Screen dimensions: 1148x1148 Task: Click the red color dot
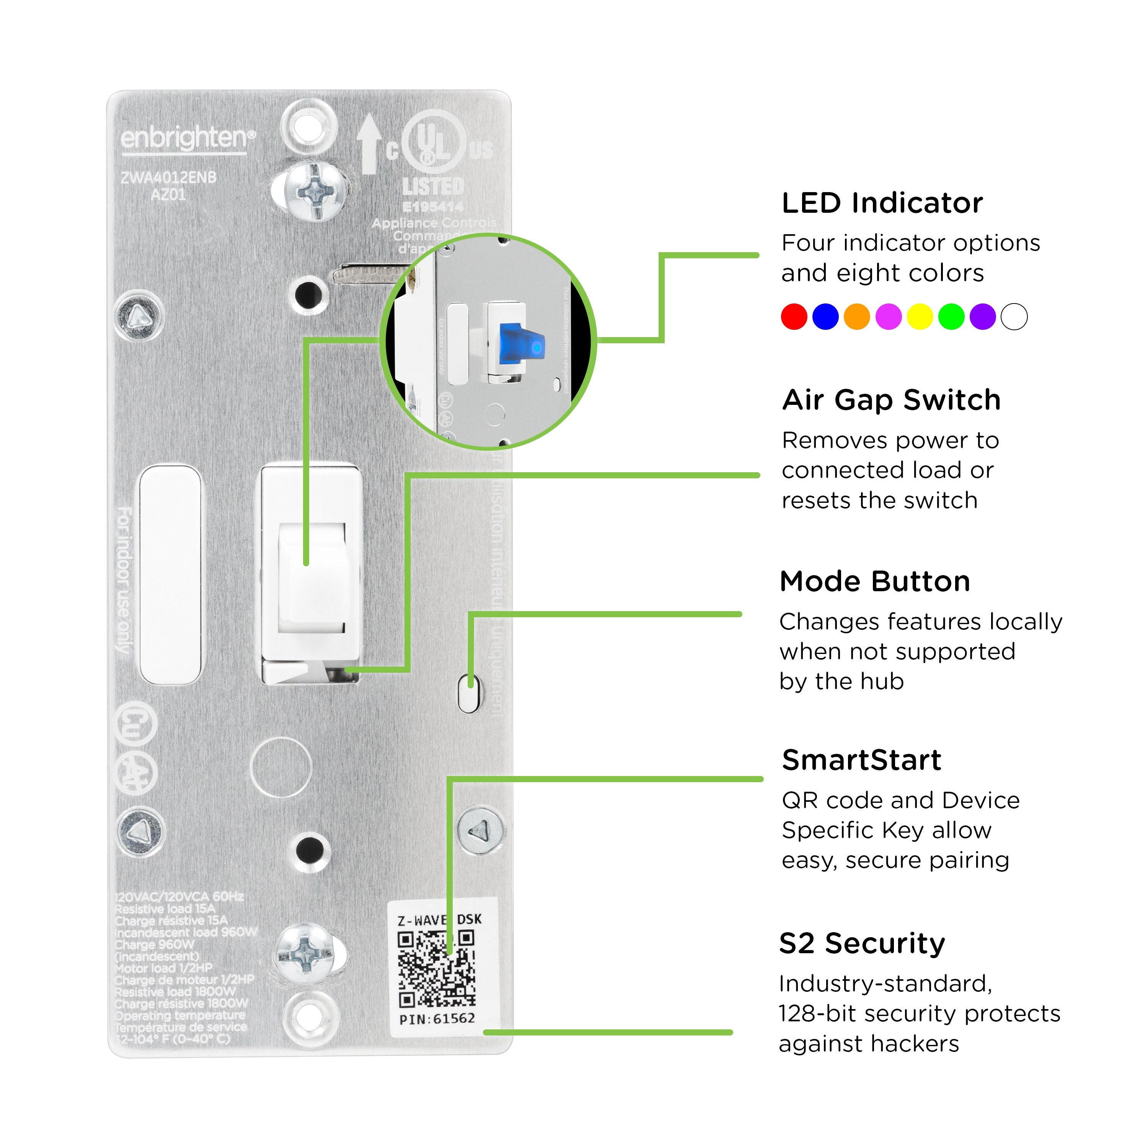(794, 317)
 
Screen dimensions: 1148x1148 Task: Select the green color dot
(951, 317)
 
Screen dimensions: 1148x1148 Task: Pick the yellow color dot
(920, 317)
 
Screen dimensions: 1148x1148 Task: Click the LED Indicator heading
(882, 203)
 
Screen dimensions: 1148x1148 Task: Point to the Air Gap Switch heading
(891, 400)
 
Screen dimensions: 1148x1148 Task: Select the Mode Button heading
(875, 581)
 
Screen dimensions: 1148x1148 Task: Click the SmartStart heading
(862, 760)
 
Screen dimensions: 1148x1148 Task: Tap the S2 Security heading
(862, 943)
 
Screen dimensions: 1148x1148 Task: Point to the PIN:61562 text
(437, 1018)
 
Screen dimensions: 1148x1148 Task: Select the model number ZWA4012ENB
(169, 177)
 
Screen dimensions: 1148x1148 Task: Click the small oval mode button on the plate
(469, 693)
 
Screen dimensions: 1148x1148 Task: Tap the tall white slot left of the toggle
(170, 575)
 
